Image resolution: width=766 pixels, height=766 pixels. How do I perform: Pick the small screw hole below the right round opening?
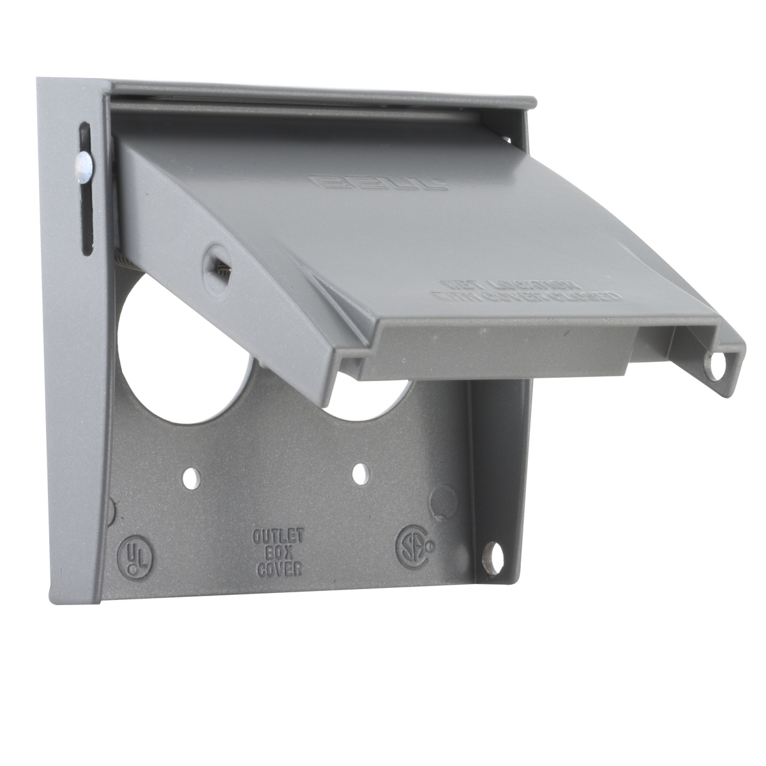tap(361, 473)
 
